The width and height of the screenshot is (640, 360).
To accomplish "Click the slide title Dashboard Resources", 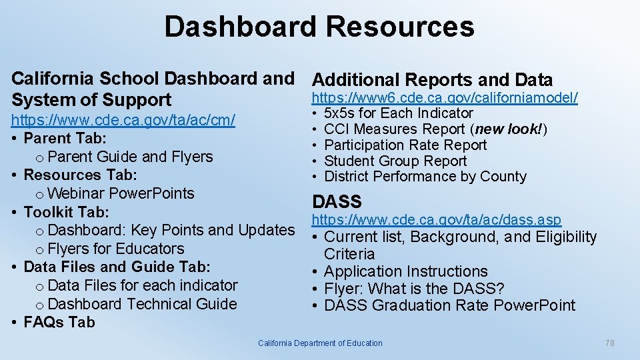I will (x=319, y=27).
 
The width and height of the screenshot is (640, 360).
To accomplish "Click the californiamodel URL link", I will (x=445, y=98).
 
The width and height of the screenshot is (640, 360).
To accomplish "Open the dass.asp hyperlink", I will (x=437, y=219).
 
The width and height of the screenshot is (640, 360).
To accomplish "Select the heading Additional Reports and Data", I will (x=432, y=80).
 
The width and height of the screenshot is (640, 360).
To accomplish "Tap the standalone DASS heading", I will (x=337, y=201).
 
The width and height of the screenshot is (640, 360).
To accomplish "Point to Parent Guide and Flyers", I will (x=130, y=157).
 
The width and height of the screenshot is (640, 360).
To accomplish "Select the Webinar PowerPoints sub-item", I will (x=121, y=193).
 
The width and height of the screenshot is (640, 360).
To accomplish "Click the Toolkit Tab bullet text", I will (x=66, y=212).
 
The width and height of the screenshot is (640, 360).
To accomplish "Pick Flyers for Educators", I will (x=116, y=249).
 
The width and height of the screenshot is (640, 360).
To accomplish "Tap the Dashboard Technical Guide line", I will (x=142, y=304).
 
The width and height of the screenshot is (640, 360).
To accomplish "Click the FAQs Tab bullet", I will (x=59, y=323).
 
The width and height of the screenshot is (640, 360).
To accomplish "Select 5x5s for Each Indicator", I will (x=398, y=113).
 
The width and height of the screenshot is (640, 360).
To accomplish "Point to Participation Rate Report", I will (x=405, y=145).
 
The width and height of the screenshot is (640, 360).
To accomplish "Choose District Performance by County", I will (x=425, y=177).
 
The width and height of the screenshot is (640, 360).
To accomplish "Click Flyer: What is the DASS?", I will (x=413, y=289).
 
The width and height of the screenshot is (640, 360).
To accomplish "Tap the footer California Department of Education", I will (x=320, y=343).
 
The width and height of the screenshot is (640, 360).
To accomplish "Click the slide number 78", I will (x=609, y=343).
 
